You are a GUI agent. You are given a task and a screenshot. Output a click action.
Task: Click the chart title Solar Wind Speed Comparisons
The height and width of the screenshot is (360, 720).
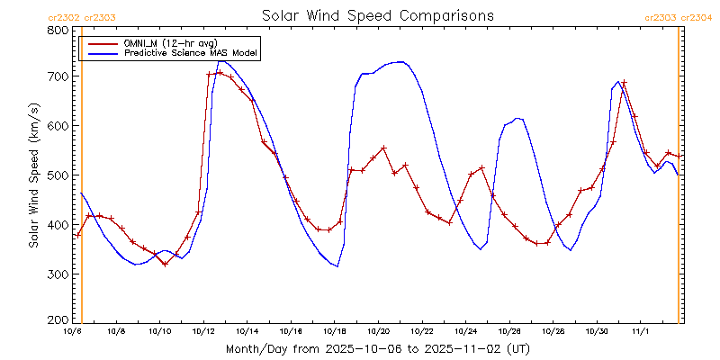(377, 15)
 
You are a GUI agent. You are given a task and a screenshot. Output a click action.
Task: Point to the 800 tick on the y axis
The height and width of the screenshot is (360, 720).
(58, 31)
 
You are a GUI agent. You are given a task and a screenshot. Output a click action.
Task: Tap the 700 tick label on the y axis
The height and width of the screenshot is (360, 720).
(58, 77)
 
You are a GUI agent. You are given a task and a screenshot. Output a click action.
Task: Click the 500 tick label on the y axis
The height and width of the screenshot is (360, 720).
(58, 175)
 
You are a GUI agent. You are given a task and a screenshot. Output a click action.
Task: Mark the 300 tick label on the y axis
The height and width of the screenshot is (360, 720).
(58, 274)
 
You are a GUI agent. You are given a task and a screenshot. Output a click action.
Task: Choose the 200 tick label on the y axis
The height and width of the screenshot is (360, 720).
(58, 319)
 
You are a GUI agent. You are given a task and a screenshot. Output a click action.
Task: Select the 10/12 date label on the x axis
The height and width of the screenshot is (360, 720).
(203, 331)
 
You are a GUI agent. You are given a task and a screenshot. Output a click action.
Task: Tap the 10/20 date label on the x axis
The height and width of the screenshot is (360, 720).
(378, 331)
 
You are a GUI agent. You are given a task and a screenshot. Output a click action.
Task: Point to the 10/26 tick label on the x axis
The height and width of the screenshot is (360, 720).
(509, 331)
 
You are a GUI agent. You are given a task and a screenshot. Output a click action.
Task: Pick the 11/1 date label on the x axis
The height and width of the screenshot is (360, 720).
(641, 331)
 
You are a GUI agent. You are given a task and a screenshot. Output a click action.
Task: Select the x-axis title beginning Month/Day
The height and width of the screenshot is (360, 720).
(377, 348)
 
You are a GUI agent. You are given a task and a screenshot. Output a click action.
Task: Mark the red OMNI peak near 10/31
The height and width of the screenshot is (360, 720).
(624, 83)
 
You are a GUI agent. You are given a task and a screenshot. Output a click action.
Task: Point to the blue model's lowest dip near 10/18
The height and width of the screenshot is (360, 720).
(337, 266)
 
